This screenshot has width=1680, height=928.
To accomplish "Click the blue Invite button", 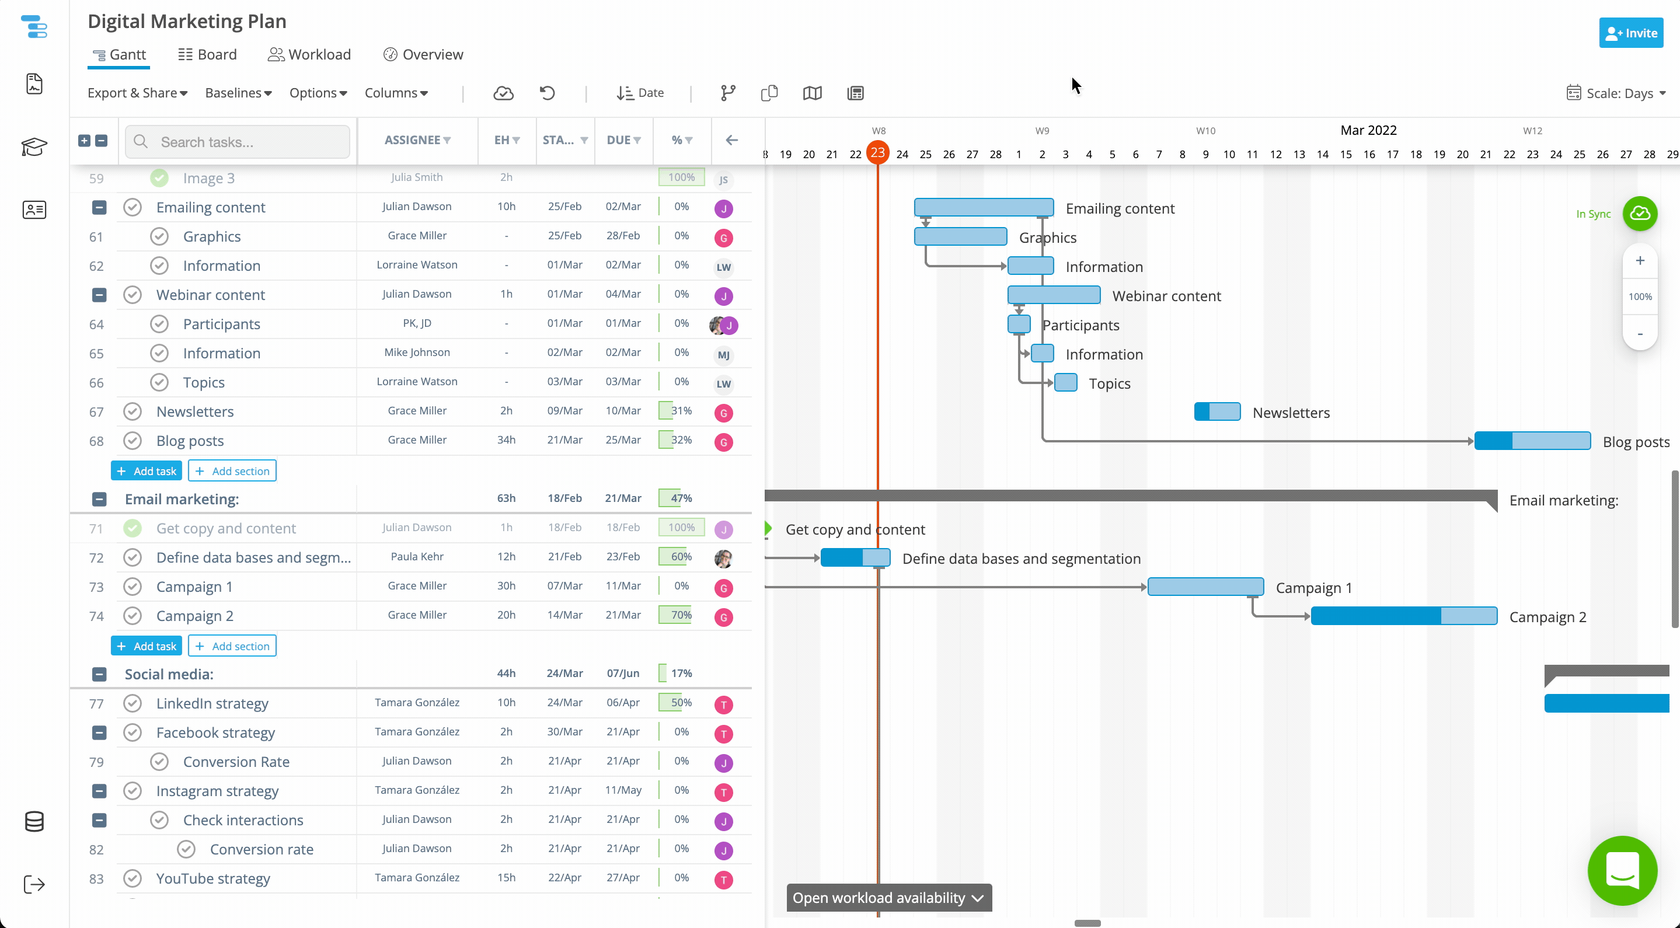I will (1630, 33).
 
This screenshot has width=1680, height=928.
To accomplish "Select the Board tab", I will (207, 55).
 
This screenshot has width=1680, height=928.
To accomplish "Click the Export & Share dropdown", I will (138, 93).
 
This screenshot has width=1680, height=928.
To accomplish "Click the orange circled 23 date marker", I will (878, 152).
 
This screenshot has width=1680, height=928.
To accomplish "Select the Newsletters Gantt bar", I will (1217, 411).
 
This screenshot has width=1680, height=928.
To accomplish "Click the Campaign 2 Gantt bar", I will (1403, 616).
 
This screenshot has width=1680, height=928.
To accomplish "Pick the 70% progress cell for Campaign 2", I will (682, 615).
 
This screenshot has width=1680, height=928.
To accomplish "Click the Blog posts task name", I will (190, 441).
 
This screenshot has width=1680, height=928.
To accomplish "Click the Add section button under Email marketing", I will (232, 646).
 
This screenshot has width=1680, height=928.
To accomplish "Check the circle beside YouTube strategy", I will (133, 878).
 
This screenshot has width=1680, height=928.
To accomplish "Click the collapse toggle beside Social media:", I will (99, 674).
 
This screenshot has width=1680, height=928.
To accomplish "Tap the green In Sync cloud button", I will (1640, 213).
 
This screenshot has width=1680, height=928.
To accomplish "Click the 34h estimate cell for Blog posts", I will (506, 439).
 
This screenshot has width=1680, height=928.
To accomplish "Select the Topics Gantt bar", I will (1066, 382).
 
